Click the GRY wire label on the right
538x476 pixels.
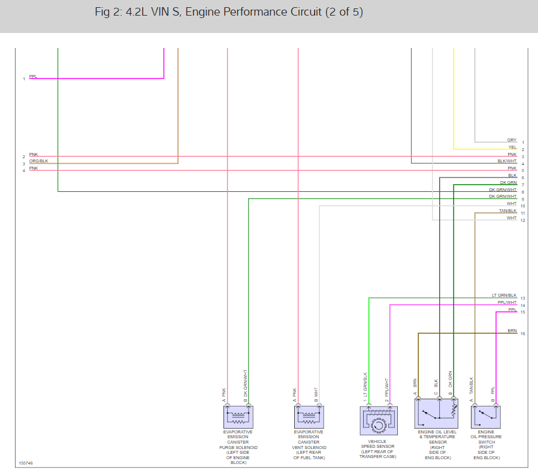pyautogui.click(x=512, y=140)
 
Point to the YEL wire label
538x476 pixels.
pyautogui.click(x=512, y=147)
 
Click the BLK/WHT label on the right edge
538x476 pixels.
pyautogui.click(x=507, y=161)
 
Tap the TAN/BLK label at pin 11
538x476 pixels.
pyautogui.click(x=507, y=211)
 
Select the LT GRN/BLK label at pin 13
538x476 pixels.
pyautogui.click(x=504, y=296)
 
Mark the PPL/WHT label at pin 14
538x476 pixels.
pyautogui.click(x=507, y=303)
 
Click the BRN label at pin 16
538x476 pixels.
pyautogui.click(x=512, y=331)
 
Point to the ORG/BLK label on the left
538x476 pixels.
pyautogui.click(x=38, y=161)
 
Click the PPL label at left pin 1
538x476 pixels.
pyautogui.click(x=32, y=77)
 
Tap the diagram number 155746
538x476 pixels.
pyautogui.click(x=26, y=463)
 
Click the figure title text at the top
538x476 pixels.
pyautogui.click(x=228, y=12)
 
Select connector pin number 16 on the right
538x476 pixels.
pyautogui.click(x=523, y=334)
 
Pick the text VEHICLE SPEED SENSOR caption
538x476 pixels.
pyautogui.click(x=377, y=446)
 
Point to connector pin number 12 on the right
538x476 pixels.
pyautogui.click(x=523, y=221)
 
